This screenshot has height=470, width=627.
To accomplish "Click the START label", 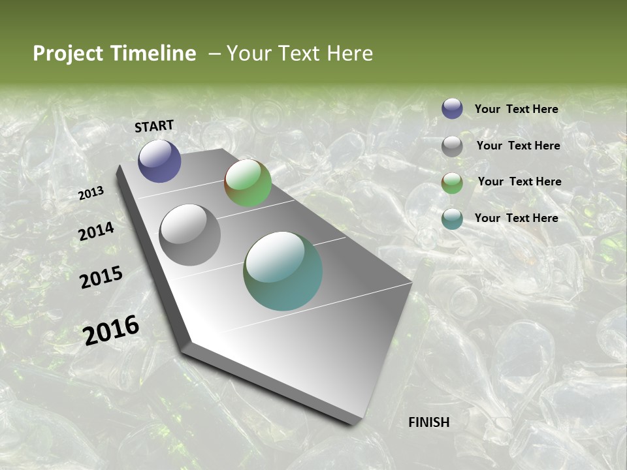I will click(x=154, y=126).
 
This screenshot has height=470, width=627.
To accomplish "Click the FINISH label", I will click(x=428, y=422).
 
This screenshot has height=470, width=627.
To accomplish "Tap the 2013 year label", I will click(x=91, y=193).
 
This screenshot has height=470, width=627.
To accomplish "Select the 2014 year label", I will click(x=96, y=232).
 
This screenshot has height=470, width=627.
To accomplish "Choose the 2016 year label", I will click(x=111, y=330).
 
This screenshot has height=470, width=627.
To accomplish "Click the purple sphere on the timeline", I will click(x=159, y=161).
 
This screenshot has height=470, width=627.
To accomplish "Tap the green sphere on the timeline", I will click(x=248, y=183).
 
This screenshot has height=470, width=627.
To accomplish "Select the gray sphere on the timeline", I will click(x=190, y=235).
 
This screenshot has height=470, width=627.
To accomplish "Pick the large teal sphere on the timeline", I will click(x=283, y=271).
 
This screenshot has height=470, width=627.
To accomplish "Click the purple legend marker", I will click(x=452, y=108).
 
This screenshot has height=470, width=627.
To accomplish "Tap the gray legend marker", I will click(x=452, y=146).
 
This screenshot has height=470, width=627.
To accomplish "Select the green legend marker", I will click(x=452, y=183).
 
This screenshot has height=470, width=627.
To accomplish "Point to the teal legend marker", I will click(x=452, y=219).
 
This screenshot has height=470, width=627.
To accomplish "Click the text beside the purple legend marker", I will click(x=516, y=109).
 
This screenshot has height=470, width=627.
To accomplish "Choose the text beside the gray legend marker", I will click(x=518, y=146).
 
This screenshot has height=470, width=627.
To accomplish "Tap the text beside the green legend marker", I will click(x=519, y=181).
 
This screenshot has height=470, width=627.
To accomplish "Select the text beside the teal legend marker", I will click(x=516, y=218).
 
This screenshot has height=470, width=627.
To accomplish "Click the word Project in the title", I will click(x=67, y=54).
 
